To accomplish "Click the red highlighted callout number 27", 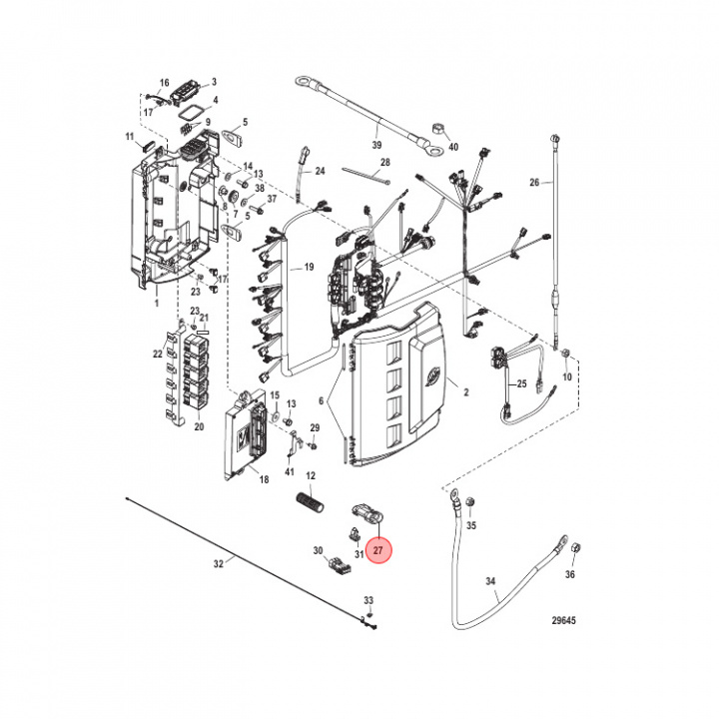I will click(378, 549).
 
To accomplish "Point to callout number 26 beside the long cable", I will click(534, 183).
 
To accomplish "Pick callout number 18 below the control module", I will click(264, 480).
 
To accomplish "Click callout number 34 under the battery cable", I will click(489, 580).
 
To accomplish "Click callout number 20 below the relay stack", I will click(198, 426).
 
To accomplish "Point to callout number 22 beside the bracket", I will click(158, 354).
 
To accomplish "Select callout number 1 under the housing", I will click(155, 299).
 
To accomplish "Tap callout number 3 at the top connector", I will click(213, 82).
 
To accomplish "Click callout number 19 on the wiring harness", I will click(309, 268).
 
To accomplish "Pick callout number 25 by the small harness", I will click(518, 384).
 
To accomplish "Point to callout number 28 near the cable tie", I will click(384, 162).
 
